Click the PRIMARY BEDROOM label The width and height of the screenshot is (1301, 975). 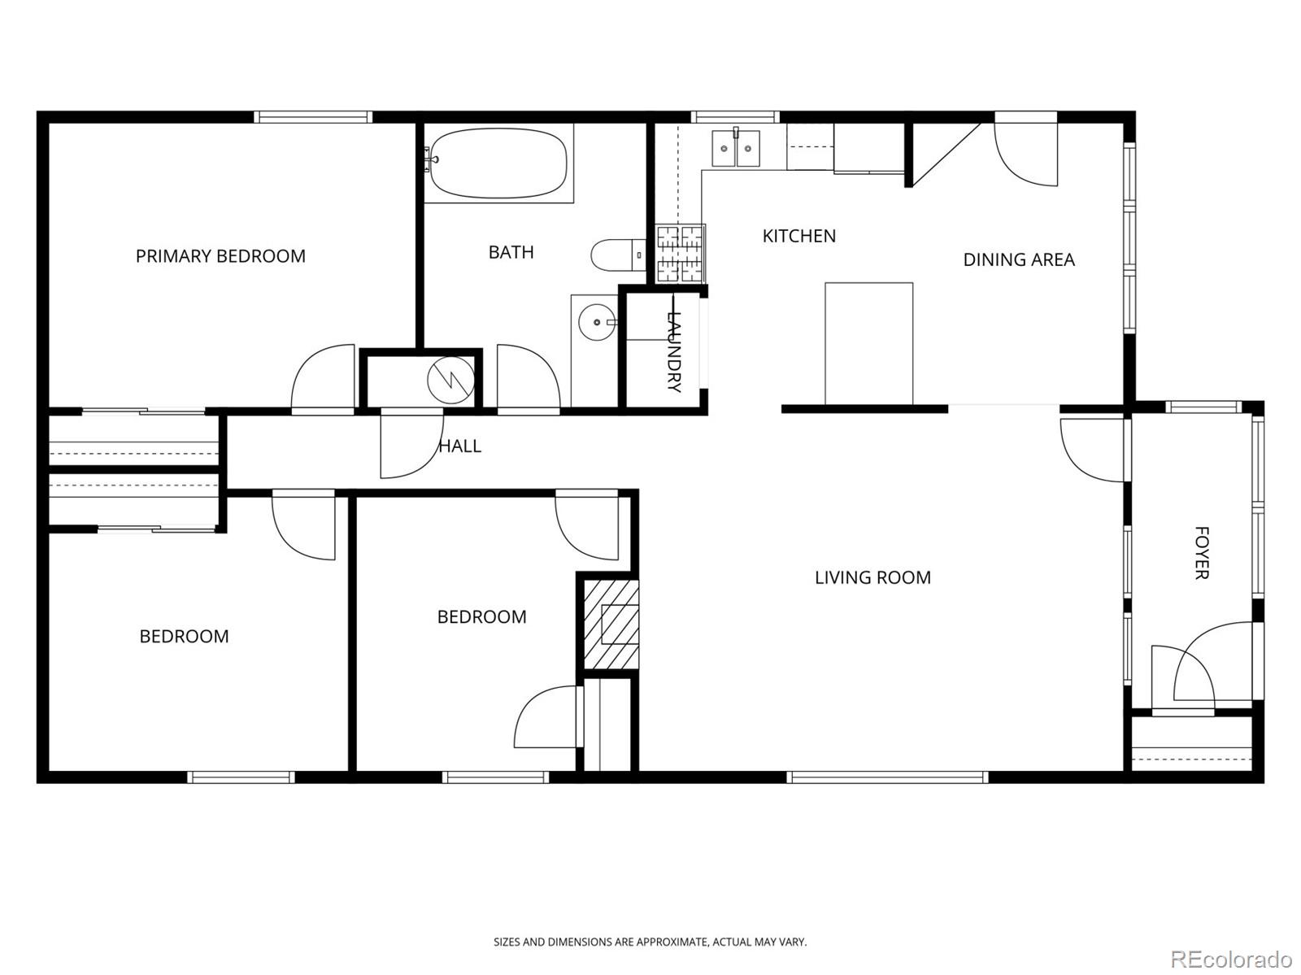click(220, 256)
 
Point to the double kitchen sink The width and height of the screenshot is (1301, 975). click(736, 148)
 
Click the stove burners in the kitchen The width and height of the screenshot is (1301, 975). click(681, 254)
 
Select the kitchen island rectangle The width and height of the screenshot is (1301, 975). click(868, 343)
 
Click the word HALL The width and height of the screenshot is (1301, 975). click(460, 446)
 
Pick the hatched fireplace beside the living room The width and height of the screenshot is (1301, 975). click(609, 624)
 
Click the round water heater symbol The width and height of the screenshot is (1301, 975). click(450, 378)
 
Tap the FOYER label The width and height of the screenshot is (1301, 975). click(1201, 553)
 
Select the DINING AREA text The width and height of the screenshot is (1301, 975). click(1019, 259)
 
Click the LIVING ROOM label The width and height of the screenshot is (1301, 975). click(872, 577)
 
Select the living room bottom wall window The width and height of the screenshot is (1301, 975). click(887, 777)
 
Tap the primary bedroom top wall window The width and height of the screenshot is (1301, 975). click(313, 117)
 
